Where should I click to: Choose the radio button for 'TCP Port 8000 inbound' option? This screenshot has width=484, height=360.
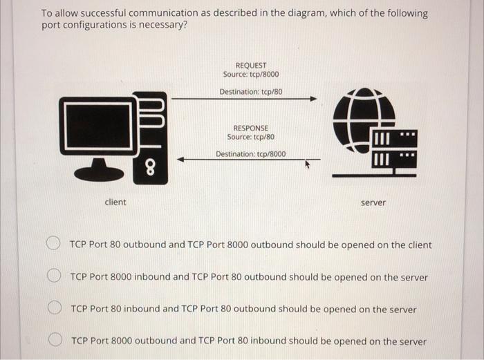point(53,276)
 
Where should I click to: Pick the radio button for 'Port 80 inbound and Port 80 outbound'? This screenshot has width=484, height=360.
point(54,308)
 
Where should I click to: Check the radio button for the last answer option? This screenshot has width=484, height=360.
point(54,340)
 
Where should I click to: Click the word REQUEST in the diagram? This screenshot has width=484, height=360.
point(250,65)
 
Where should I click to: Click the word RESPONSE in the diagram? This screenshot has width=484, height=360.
point(250,128)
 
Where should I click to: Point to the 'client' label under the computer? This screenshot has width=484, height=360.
point(115,202)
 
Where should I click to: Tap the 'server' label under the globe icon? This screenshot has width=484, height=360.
point(373,202)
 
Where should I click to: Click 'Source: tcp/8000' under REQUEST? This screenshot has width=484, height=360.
point(251,75)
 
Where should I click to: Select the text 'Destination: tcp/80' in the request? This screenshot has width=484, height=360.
point(251,91)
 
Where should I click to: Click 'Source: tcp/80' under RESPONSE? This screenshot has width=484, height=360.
point(251,137)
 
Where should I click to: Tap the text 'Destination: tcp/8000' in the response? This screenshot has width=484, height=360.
point(250,154)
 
